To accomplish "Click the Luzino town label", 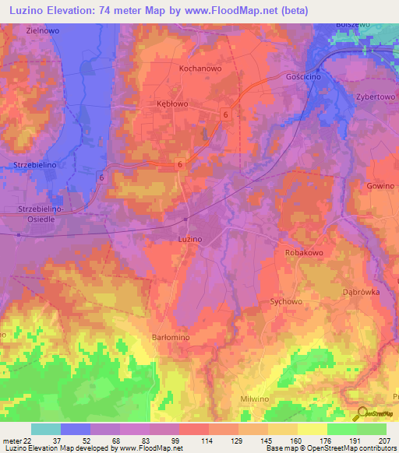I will pyautogui.click(x=190, y=238).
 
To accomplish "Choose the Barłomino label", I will pyautogui.click(x=168, y=337).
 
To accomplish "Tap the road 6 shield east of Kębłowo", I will pyautogui.click(x=225, y=114).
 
